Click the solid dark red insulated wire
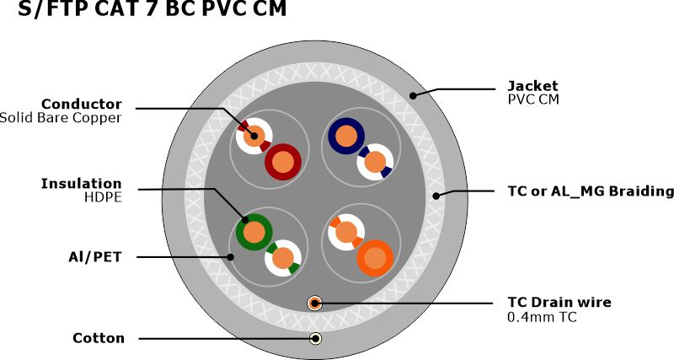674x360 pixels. coord(284,161)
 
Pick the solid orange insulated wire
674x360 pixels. coord(374,257)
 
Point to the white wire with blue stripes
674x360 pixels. coord(375,162)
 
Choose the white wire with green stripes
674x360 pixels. coord(283,258)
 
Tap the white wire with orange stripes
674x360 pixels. coord(345,231)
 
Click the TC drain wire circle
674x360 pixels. coord(315,304)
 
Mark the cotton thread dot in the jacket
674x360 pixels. coord(315,339)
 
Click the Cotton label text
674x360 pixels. coord(99,338)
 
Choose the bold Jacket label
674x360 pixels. coord(532,85)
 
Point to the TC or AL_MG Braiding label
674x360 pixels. coord(590,191)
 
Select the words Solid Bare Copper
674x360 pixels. coord(61,117)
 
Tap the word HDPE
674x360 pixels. coord(103,197)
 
